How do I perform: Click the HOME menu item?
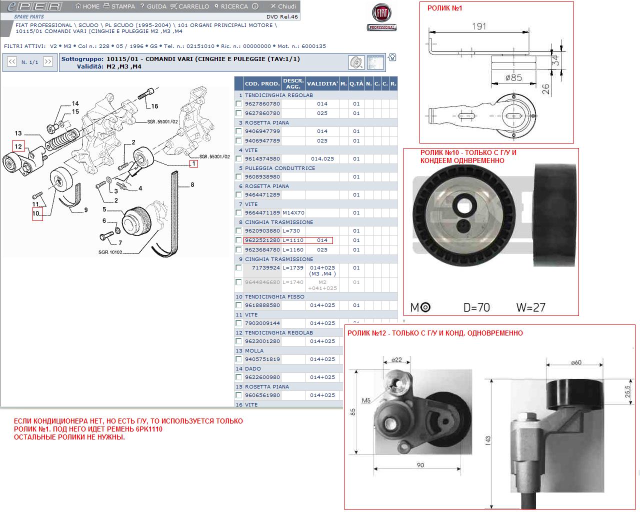click(87, 6)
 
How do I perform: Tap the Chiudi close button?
click(283, 6)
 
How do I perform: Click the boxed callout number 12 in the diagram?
click(18, 146)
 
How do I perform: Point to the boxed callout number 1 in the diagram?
click(193, 163)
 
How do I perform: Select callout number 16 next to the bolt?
click(154, 106)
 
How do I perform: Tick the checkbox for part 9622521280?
click(239, 240)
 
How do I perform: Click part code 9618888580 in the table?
click(262, 305)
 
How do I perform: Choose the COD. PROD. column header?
click(262, 83)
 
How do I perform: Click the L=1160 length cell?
click(293, 249)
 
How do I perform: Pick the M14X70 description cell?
click(293, 212)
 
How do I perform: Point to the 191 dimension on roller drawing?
click(479, 26)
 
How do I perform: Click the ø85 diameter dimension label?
click(513, 77)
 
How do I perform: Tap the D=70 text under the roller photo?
click(476, 307)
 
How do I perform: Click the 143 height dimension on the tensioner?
click(487, 440)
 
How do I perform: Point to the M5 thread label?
click(366, 400)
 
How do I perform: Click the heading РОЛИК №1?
click(445, 8)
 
